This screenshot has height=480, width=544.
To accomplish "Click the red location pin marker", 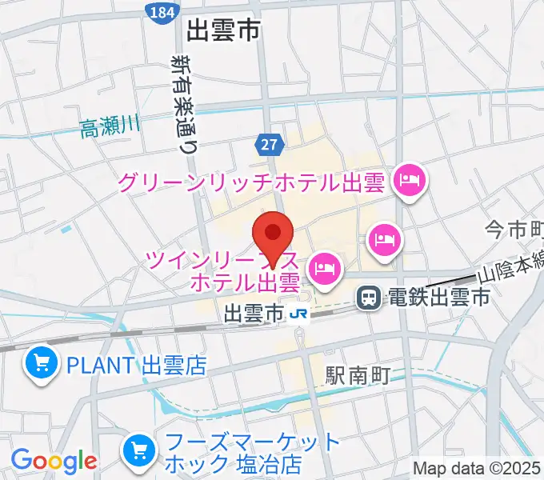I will click(x=273, y=234).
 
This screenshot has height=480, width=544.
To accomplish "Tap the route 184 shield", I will click(x=159, y=12).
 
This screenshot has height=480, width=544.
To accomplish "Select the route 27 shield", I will click(x=270, y=145).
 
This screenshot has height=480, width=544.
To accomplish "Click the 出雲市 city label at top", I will click(x=223, y=31).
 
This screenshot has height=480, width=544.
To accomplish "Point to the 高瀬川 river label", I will click(x=110, y=126).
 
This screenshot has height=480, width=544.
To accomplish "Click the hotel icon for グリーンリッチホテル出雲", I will click(x=410, y=181).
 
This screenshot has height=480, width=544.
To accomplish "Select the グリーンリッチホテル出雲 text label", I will click(x=253, y=183).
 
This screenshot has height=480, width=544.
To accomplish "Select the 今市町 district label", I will click(x=514, y=231).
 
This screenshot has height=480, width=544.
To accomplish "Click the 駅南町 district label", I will click(x=358, y=374).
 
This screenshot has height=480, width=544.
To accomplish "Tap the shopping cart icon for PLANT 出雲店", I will click(x=39, y=365).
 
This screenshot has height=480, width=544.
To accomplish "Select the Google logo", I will click(x=54, y=461).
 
